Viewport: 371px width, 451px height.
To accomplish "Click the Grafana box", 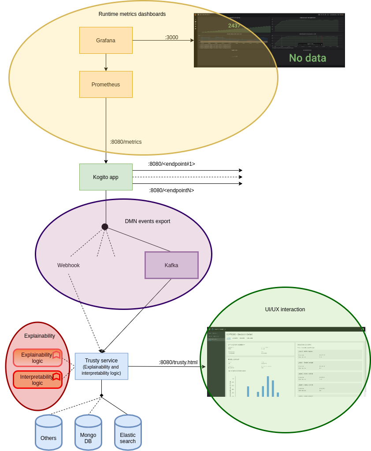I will pyautogui.click(x=106, y=41).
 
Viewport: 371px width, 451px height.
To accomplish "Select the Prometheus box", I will pyautogui.click(x=106, y=85).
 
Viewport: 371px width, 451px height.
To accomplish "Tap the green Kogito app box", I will pyautogui.click(x=106, y=177).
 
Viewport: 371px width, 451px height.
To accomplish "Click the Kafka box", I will pyautogui.click(x=171, y=265).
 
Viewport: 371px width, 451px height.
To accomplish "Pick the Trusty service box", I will pyautogui.click(x=101, y=366).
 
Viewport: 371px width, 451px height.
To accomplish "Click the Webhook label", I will pyautogui.click(x=68, y=265).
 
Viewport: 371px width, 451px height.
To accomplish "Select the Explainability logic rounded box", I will pyautogui.click(x=37, y=358).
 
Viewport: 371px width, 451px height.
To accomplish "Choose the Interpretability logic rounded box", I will pyautogui.click(x=37, y=380).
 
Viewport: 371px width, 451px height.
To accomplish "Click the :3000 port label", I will pyautogui.click(x=171, y=37).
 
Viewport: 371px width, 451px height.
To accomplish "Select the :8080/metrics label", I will pyautogui.click(x=126, y=142).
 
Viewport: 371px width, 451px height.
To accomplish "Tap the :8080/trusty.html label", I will pyautogui.click(x=178, y=362).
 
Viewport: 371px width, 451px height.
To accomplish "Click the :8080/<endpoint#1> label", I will pyautogui.click(x=171, y=164).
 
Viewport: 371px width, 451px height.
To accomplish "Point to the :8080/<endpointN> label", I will pyautogui.click(x=171, y=190).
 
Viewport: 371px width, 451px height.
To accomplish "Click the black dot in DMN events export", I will pyautogui.click(x=105, y=227).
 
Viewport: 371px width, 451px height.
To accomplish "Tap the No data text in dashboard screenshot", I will pyautogui.click(x=308, y=58).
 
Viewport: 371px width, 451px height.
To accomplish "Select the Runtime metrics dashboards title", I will pyautogui.click(x=132, y=14).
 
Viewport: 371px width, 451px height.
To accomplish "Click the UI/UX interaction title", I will pyautogui.click(x=285, y=309).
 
